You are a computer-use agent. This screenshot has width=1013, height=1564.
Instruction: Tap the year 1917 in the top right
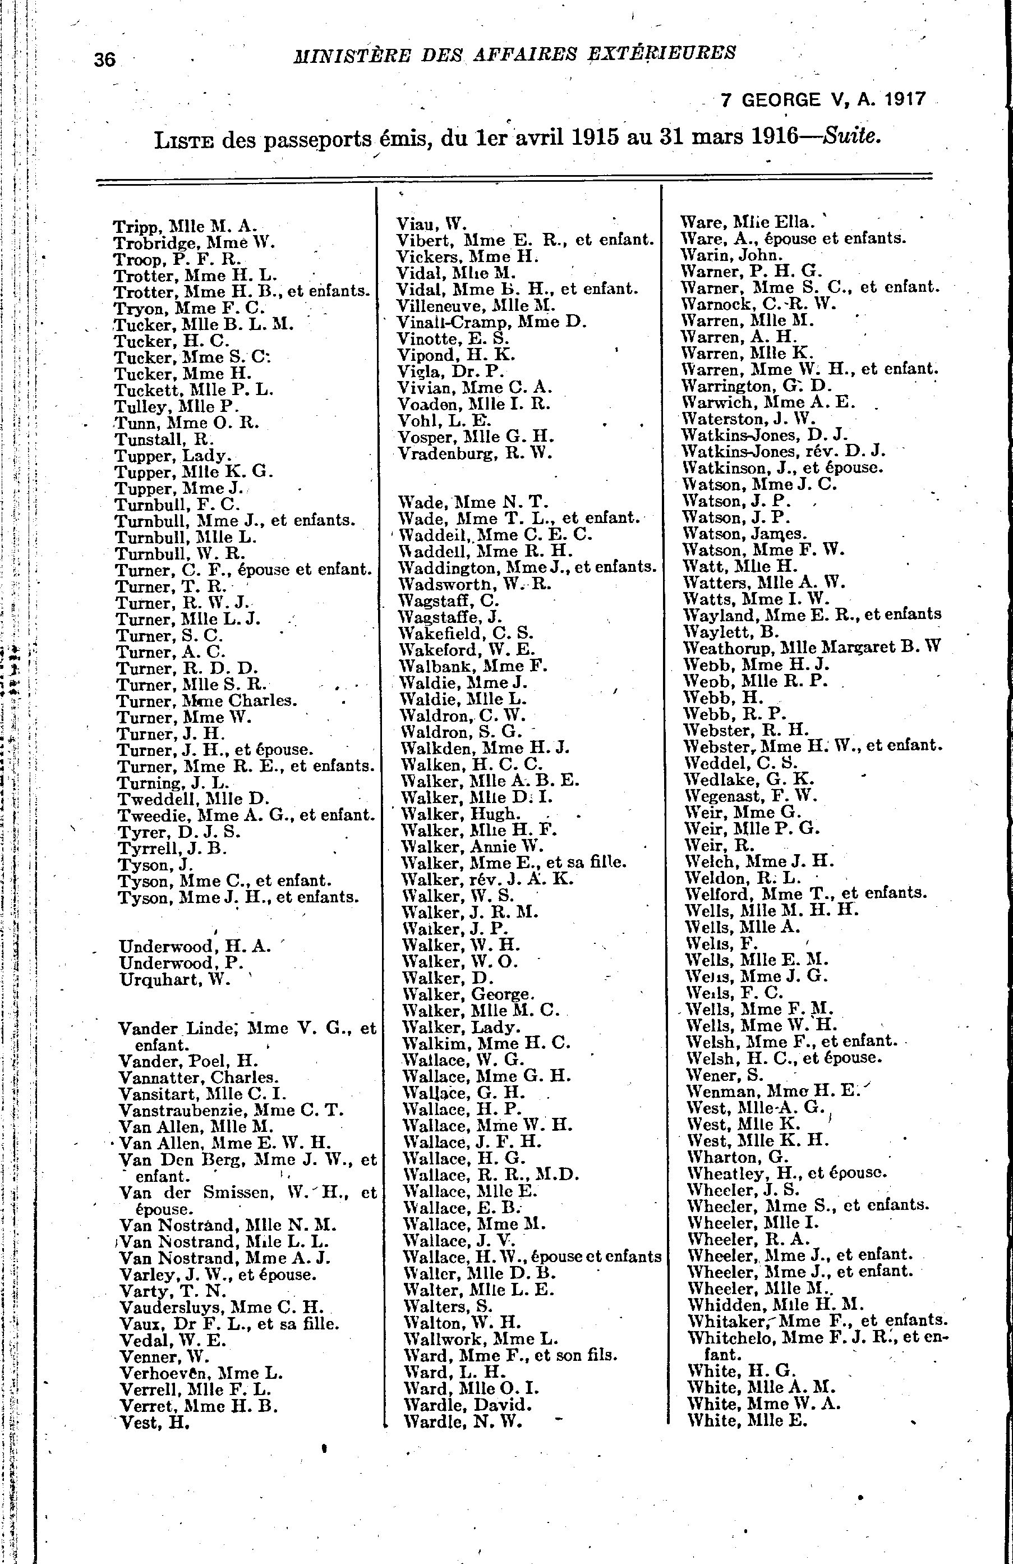[904, 100]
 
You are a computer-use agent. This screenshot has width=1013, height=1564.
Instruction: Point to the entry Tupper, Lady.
[172, 456]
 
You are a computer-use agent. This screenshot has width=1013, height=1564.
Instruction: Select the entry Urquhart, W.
[175, 980]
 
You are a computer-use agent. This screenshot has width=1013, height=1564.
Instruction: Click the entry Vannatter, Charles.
[199, 1077]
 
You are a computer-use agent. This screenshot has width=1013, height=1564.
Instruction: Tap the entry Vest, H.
[155, 1423]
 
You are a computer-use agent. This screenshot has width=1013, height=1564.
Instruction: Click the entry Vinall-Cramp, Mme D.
[491, 322]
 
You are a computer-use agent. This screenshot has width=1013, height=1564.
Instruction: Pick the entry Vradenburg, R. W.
[475, 453]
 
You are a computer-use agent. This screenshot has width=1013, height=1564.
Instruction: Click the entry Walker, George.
[468, 994]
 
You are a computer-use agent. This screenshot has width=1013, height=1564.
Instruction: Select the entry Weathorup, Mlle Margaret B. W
[813, 647]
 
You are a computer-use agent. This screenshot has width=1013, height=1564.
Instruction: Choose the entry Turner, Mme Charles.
[206, 700]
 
